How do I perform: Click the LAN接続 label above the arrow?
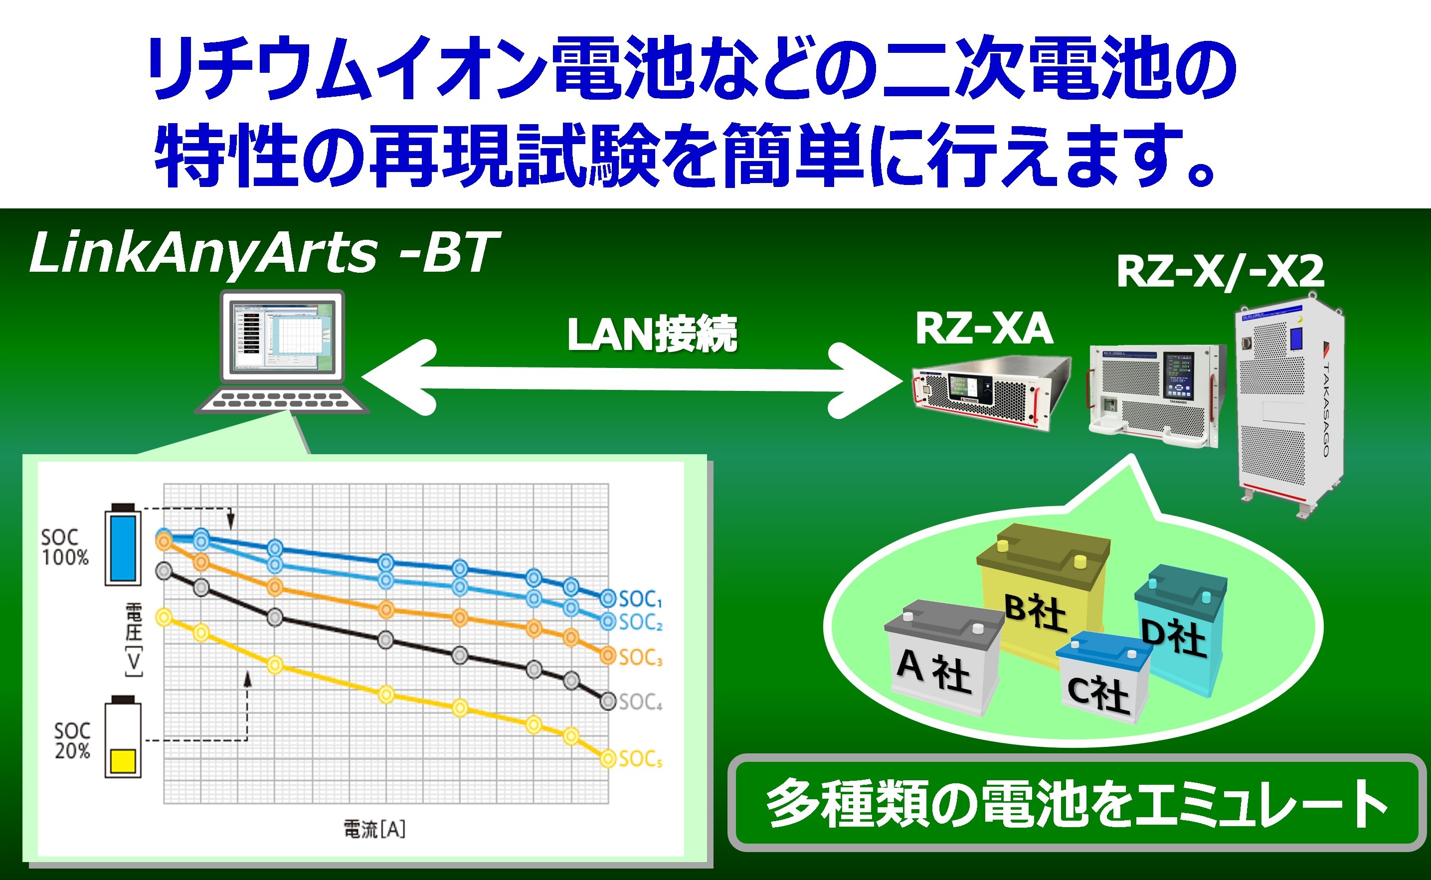(x=652, y=334)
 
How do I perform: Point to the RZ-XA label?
(x=983, y=330)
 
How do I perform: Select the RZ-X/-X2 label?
(x=1220, y=271)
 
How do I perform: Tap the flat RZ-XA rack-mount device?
(x=989, y=393)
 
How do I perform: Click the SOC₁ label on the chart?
(x=640, y=599)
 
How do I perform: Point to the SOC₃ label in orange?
(x=640, y=658)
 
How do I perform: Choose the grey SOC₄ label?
(x=640, y=702)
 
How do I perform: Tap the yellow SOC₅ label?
(x=640, y=759)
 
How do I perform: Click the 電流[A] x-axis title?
(x=374, y=829)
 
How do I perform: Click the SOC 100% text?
(x=65, y=547)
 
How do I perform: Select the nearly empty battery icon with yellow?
(x=123, y=738)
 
